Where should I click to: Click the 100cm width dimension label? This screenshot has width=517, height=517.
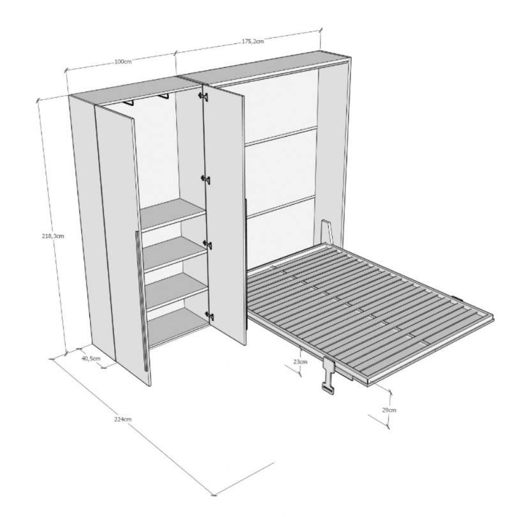pyautogui.click(x=123, y=61)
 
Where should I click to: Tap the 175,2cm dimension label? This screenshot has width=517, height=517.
pyautogui.click(x=253, y=41)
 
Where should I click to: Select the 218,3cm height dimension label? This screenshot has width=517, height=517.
pyautogui.click(x=53, y=236)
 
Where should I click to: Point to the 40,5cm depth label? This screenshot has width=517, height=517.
pyautogui.click(x=91, y=359)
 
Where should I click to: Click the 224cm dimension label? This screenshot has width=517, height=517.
pyautogui.click(x=123, y=419)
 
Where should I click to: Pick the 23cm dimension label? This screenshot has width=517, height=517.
pyautogui.click(x=300, y=361)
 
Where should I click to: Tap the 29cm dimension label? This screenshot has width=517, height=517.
pyautogui.click(x=389, y=410)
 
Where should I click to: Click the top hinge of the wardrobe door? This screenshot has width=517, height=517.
pyautogui.click(x=203, y=96)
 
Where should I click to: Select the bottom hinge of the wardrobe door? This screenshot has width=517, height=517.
pyautogui.click(x=209, y=316)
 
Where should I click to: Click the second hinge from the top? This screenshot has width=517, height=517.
pyautogui.click(x=206, y=179)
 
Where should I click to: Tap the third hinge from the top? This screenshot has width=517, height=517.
pyautogui.click(x=207, y=244)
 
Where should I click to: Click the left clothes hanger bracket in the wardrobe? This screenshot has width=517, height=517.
pyautogui.click(x=128, y=103)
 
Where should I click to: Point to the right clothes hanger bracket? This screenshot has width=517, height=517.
pyautogui.click(x=163, y=96)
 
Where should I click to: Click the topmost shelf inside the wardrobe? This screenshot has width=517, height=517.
pyautogui.click(x=172, y=214)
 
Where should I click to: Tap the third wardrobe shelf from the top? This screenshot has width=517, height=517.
pyautogui.click(x=176, y=290)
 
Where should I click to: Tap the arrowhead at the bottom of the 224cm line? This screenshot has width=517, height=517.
pyautogui.click(x=213, y=504)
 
